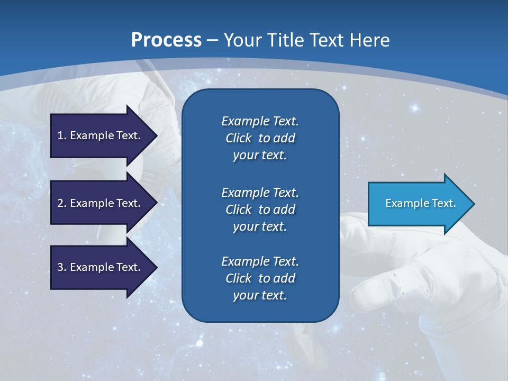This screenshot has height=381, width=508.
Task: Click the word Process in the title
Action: [x=166, y=40]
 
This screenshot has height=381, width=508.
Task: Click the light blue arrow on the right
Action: [x=418, y=204]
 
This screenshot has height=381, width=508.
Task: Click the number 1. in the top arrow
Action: [x=62, y=135]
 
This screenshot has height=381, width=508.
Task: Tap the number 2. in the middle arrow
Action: [x=62, y=203]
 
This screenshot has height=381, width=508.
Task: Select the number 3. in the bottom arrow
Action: [x=62, y=267]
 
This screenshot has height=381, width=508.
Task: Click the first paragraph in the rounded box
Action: [x=260, y=138]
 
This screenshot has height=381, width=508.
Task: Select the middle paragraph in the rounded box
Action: [x=260, y=209]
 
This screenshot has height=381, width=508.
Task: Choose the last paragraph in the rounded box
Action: [x=260, y=278]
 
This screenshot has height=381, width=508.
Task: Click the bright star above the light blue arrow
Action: [x=415, y=108]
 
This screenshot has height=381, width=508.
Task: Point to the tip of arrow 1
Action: [x=157, y=135]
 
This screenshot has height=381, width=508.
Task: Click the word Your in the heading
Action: [x=244, y=40]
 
